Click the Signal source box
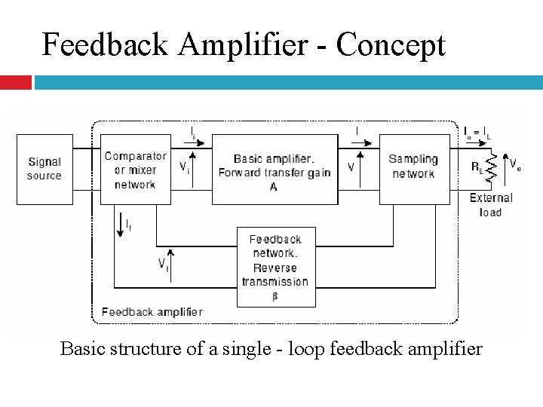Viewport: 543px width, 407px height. [44, 169]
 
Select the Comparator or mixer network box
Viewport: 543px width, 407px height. [136, 170]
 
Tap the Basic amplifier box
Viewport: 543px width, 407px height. [275, 170]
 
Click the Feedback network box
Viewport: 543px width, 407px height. [275, 267]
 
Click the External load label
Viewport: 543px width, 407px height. [491, 205]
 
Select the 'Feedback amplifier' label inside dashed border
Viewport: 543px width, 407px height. [152, 311]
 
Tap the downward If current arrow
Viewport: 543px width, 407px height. [119, 224]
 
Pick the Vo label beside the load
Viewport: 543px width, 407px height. [515, 164]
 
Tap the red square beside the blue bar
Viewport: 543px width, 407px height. [16, 81]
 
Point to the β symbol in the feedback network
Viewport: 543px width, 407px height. [275, 295]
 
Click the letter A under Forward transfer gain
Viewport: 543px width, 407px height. [273, 186]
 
